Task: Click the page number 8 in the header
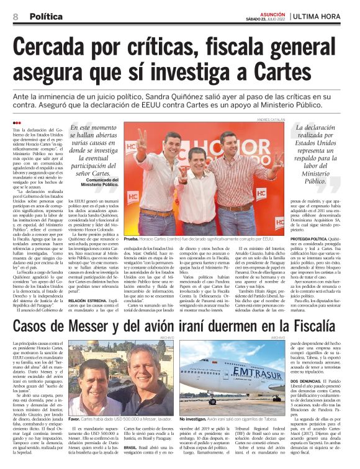coord(16,16)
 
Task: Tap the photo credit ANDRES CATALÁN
coord(271,118)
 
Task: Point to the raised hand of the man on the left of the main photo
coord(142,137)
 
